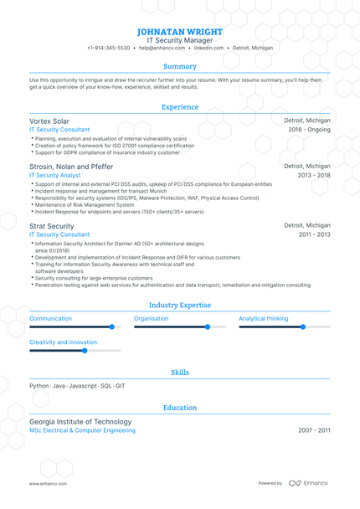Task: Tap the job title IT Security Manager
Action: [180, 39]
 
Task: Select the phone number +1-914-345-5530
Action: [108, 49]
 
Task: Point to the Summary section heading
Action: [180, 66]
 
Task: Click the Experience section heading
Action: [180, 107]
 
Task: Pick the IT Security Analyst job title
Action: [55, 176]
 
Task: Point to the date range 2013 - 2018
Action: [314, 176]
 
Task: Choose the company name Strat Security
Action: [52, 226]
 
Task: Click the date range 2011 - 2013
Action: [314, 235]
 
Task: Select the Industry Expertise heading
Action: [180, 306]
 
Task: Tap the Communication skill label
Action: [51, 319]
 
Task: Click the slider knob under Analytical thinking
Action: [303, 327]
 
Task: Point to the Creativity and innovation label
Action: [63, 342]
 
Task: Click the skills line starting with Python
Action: [77, 386]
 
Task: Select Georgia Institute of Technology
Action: [80, 422]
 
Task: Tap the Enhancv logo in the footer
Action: [309, 483]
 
